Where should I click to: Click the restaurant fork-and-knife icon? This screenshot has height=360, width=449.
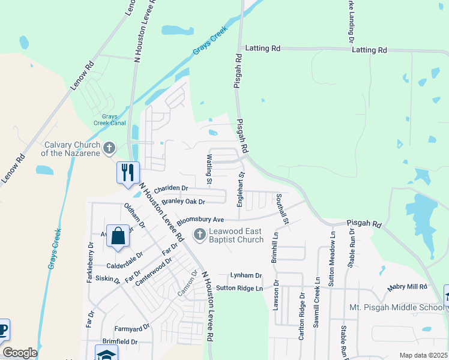tap(128, 173)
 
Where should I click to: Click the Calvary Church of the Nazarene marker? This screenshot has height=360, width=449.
tap(109, 148)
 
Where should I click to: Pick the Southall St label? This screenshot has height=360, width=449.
tap(282, 209)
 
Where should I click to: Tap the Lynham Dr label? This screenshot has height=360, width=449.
tap(246, 275)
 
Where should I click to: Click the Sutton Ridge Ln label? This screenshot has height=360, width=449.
tap(240, 289)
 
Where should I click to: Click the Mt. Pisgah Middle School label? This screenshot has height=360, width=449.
tap(397, 308)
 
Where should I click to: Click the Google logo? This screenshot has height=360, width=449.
tap(20, 353)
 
